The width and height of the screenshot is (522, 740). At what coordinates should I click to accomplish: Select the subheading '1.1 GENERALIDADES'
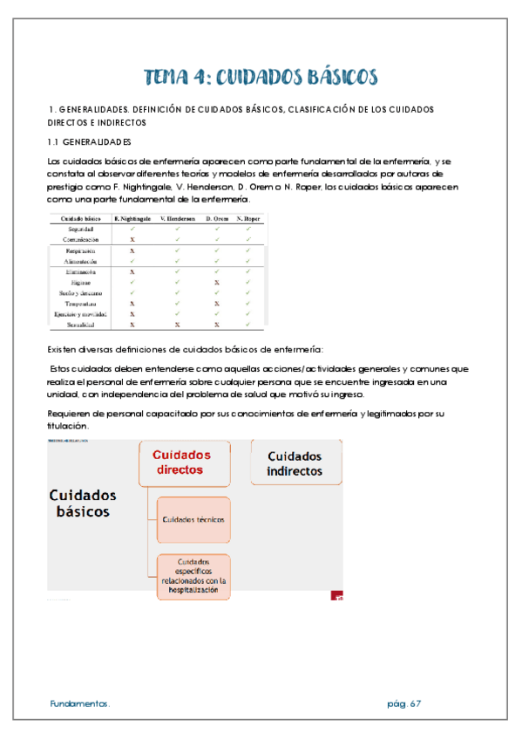pos(89,141)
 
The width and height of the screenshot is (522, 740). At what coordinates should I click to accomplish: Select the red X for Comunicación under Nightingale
pos(132,239)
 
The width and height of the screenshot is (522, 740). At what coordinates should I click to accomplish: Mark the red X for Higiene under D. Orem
pos(217,282)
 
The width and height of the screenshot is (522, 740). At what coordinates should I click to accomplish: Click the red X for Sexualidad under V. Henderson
pos(176,324)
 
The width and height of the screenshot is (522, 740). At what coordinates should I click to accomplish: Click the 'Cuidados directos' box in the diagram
pos(184,462)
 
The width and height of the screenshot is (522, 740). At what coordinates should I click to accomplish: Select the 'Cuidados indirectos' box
pos(295,464)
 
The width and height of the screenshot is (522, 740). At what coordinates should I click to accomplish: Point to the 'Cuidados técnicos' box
pos(193,519)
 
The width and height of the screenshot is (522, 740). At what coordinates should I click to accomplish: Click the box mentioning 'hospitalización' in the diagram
pos(193,576)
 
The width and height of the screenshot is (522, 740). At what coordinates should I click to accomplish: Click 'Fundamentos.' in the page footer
pos(79,702)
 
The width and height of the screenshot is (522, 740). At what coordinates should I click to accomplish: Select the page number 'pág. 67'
pos(403,702)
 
